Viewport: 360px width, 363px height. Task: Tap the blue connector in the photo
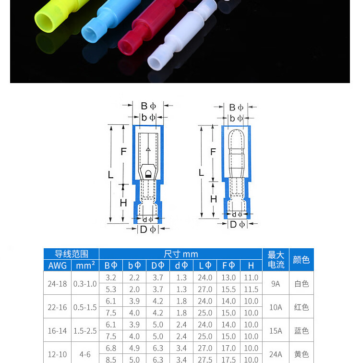(x=109, y=20)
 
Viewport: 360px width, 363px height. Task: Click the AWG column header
(x=58, y=266)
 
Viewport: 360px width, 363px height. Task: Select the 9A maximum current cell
(x=276, y=284)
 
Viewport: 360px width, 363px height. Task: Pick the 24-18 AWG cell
(x=57, y=284)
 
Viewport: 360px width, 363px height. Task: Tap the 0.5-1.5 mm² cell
(x=85, y=307)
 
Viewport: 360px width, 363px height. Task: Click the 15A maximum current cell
(x=276, y=331)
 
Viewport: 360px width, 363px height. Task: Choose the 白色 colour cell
(x=301, y=284)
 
